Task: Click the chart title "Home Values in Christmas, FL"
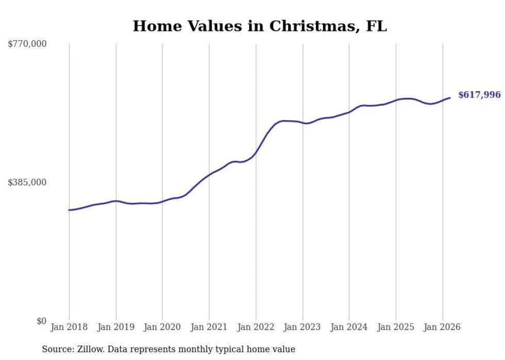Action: [x=260, y=26]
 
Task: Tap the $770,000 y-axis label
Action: [x=27, y=44]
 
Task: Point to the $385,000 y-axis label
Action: [x=27, y=182]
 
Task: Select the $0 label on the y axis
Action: [x=41, y=321]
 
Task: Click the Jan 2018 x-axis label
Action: [x=69, y=327]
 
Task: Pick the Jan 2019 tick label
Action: [x=116, y=327]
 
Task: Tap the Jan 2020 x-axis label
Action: [x=162, y=327]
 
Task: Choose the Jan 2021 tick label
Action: [x=209, y=327]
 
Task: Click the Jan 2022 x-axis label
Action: [x=256, y=327]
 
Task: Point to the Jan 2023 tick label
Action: [x=302, y=327]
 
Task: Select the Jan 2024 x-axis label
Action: [x=349, y=327]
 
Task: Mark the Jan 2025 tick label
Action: [x=396, y=327]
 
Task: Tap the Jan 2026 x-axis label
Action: [x=442, y=327]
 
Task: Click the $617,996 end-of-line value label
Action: [x=479, y=95]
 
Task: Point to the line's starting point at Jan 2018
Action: [x=69, y=210]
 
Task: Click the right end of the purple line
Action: [x=450, y=98]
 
